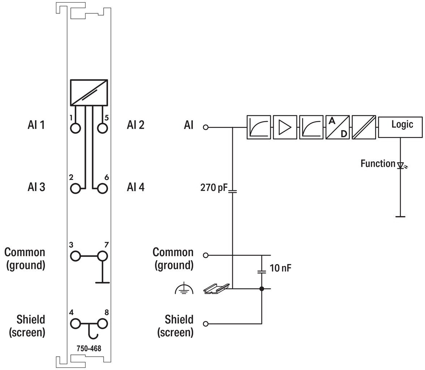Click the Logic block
click(400, 127)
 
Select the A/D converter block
click(338, 127)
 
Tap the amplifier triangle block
click(285, 127)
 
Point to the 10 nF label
click(281, 268)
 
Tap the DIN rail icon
click(216, 289)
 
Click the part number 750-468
click(89, 348)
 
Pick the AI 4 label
click(136, 187)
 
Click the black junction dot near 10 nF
click(261, 289)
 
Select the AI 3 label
click(36, 187)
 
